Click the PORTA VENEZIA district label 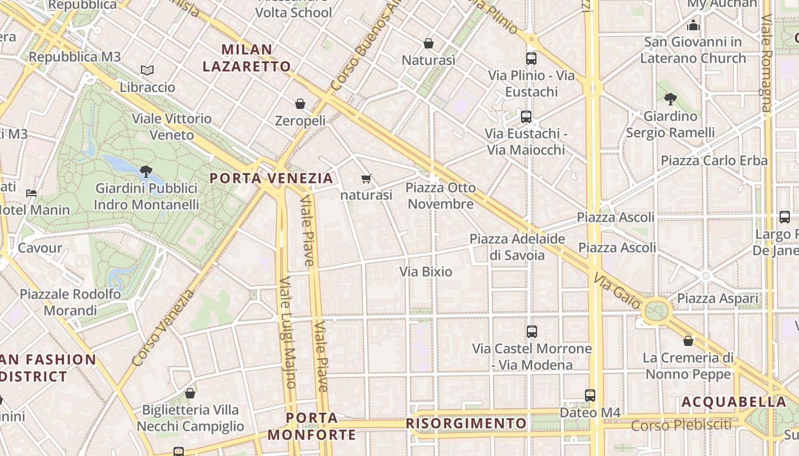(271, 178)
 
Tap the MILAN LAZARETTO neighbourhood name (247, 58)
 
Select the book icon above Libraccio (147, 70)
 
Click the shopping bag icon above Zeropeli (300, 104)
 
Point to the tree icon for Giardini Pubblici (146, 170)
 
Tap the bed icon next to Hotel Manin (31, 193)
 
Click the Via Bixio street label (426, 272)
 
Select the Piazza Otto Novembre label (441, 196)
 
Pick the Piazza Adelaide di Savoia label (517, 247)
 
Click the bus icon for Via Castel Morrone (532, 331)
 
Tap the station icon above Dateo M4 (590, 395)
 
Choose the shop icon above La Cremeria (688, 341)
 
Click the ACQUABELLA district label (734, 402)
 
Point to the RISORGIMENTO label (466, 424)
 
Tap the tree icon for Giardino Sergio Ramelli (671, 99)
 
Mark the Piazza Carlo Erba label (714, 160)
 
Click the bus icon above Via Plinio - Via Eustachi (531, 58)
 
